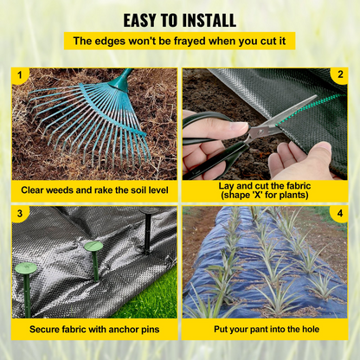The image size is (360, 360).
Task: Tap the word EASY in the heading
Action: click(x=140, y=21)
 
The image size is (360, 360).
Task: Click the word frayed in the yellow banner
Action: click(x=190, y=42)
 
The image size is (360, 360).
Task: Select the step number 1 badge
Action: click(x=20, y=75)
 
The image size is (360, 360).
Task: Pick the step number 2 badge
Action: click(x=340, y=74)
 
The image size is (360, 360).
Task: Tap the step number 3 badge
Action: click(x=20, y=214)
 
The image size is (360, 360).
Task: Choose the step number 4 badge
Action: click(x=340, y=214)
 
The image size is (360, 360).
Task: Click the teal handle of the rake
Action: click(x=123, y=79)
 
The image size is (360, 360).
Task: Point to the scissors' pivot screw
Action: click(x=260, y=132)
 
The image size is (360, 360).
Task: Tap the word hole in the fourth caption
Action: click(x=311, y=329)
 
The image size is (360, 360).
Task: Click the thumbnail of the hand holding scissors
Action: click(x=265, y=124)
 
